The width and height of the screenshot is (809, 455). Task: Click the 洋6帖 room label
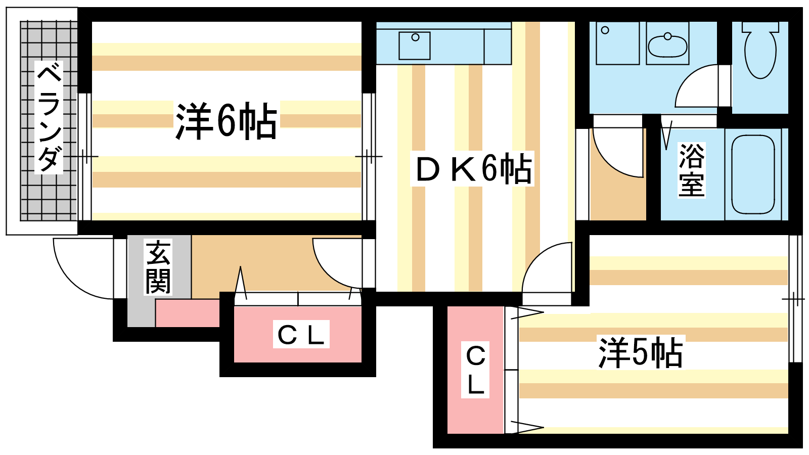[x=226, y=121]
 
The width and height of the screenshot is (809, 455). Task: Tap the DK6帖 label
[x=473, y=169]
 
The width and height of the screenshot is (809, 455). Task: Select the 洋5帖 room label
[x=640, y=353]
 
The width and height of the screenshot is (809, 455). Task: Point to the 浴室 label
[x=691, y=170]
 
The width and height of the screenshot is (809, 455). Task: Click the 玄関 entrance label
[x=158, y=267]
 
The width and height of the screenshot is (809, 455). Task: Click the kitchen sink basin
[x=415, y=45]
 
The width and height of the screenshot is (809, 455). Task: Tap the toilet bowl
[x=760, y=51]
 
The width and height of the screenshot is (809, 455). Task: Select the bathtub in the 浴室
[x=753, y=174]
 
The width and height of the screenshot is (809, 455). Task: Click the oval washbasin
[x=667, y=47]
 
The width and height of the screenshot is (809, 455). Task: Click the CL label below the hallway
[x=301, y=334]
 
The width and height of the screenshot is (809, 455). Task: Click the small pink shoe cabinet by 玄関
[x=187, y=313]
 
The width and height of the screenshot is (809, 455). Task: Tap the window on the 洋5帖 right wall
[x=795, y=299]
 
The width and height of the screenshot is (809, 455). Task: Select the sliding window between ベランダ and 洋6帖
[x=84, y=157]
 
